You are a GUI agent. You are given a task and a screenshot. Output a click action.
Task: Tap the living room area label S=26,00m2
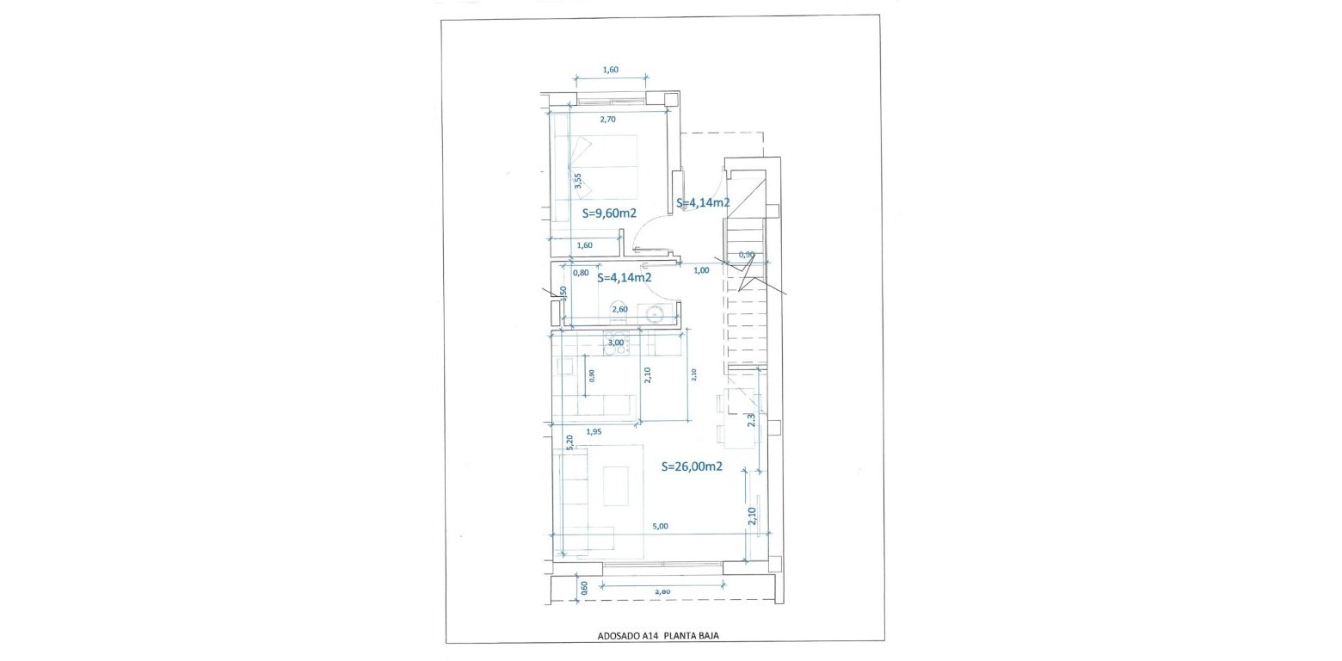[691, 466]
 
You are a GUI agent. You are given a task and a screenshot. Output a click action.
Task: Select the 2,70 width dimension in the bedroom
[608, 120]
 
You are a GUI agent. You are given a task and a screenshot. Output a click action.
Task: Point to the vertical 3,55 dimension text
[578, 181]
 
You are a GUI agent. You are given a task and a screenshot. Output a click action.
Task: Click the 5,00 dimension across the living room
[660, 526]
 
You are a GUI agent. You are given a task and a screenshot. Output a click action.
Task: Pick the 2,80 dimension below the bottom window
[663, 591]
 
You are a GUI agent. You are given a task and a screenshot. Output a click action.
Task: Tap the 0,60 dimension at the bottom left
[584, 589]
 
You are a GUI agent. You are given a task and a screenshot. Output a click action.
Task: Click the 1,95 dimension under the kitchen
[593, 431]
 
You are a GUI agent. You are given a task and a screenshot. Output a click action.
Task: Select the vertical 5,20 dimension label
[569, 442]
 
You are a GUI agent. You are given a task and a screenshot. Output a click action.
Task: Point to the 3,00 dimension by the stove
[616, 343]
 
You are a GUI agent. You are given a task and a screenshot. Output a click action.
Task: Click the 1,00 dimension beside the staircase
[701, 270]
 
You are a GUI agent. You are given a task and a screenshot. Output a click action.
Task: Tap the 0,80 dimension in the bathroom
[582, 273]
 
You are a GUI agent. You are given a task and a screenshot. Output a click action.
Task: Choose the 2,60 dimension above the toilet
[619, 308]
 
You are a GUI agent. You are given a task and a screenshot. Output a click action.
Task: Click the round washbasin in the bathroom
[657, 314]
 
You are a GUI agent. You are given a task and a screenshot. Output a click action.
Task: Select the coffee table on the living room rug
[616, 485]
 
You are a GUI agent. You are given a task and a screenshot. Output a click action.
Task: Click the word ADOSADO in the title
[617, 636]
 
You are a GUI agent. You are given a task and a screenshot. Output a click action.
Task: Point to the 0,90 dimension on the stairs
[748, 255]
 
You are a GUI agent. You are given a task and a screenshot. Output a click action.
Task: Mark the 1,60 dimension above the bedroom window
[610, 70]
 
